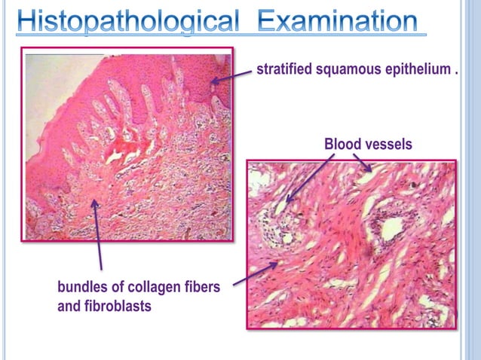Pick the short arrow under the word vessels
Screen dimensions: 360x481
click(363, 162)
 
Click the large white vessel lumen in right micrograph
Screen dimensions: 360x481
click(392, 228)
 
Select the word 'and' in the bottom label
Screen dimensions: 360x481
click(69, 307)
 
